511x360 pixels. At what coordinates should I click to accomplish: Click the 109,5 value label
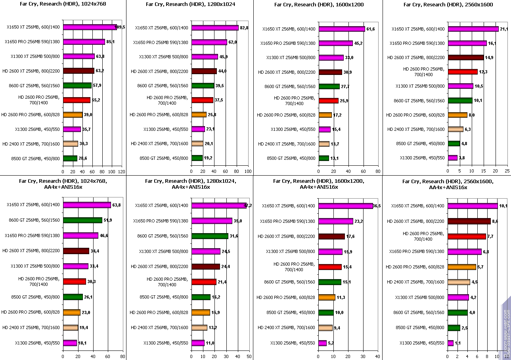pos(120,27)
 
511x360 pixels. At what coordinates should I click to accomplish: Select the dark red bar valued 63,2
pos(78,71)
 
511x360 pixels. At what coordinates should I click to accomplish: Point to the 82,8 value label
pos(244,28)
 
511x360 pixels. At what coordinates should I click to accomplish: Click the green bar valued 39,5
pos(197,86)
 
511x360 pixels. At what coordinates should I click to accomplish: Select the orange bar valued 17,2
pos(325,115)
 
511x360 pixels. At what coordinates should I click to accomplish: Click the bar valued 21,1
pos(473,29)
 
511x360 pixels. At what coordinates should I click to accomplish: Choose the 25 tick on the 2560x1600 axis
pos(507,171)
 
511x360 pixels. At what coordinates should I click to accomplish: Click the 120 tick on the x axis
pos(122,171)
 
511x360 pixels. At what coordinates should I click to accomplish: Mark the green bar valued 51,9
pos(82,220)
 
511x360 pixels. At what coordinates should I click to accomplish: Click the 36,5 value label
pos(378,206)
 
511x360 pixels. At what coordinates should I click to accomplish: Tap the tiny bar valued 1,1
pos(450,343)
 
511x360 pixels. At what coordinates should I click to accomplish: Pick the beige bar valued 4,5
pos(459,282)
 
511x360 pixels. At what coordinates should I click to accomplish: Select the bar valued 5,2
pos(322,343)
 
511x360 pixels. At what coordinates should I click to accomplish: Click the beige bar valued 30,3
pos(70,144)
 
